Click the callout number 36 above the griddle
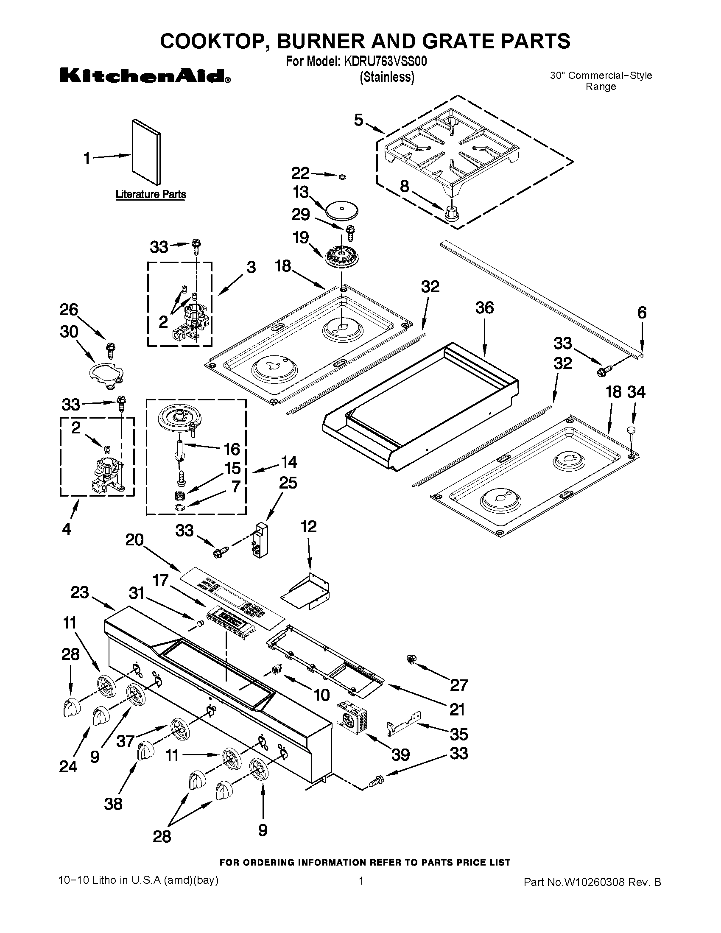click(484, 307)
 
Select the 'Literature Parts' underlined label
click(151, 194)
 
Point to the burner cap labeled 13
click(341, 211)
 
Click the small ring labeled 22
click(343, 176)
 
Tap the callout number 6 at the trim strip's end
click(642, 313)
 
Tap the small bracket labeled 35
click(403, 725)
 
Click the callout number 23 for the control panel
click(79, 592)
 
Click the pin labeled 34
click(632, 430)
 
